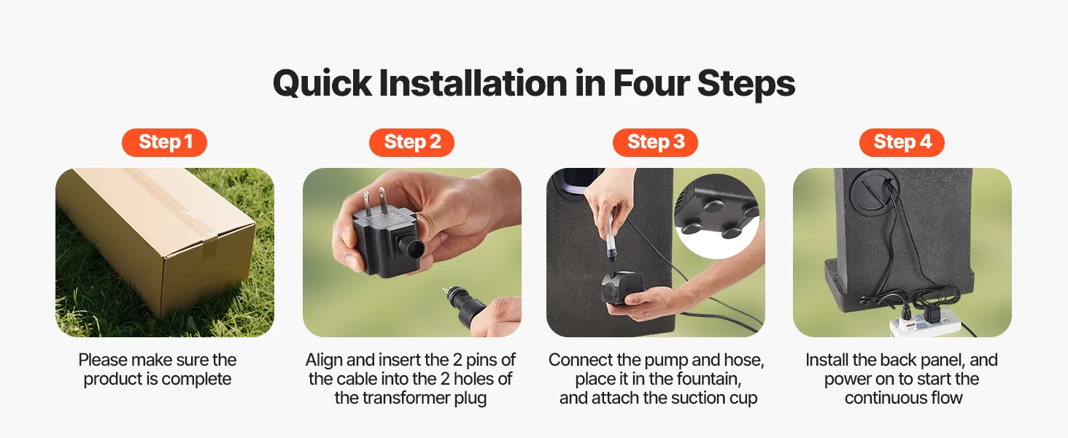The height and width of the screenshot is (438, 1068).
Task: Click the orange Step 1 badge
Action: click(x=164, y=142)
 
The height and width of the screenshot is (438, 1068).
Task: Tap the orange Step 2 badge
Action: click(x=411, y=142)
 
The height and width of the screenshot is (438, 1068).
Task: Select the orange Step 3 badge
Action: click(x=655, y=142)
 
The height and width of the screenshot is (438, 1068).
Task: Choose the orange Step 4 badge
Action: click(x=902, y=142)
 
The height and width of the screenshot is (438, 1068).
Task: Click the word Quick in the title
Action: click(x=322, y=84)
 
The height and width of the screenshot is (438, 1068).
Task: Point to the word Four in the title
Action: click(x=651, y=83)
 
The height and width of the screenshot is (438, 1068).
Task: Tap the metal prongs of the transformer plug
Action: click(x=375, y=201)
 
